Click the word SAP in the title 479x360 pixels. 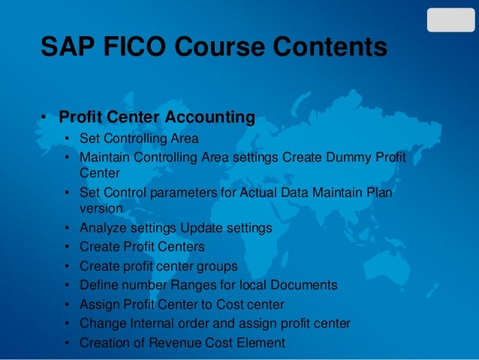[65, 48]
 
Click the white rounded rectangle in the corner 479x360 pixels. [450, 20]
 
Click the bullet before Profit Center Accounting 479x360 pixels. [45, 119]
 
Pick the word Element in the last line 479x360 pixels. [261, 343]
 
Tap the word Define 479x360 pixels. [98, 286]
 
